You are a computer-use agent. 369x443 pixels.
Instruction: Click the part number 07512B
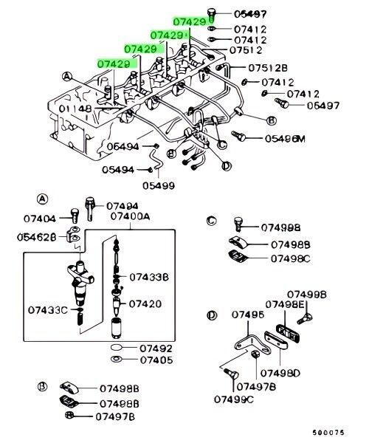coord(268,68)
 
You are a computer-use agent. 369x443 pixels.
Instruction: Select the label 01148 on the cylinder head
coord(75,109)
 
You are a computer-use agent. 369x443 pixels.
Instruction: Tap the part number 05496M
coord(285,139)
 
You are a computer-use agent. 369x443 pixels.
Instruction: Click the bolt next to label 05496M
coord(238,136)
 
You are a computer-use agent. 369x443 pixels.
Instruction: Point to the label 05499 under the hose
coord(159,185)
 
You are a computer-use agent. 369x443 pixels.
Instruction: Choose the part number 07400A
coord(130,216)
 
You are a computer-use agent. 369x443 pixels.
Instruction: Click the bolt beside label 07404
coord(75,216)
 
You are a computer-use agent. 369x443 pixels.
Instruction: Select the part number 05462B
coord(37,237)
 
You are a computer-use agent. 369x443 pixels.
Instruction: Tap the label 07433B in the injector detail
coord(149,277)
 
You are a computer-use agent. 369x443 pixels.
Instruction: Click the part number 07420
coord(145,304)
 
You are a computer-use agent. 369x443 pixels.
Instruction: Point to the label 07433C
coord(48,310)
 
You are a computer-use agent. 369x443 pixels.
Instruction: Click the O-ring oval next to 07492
coord(117,347)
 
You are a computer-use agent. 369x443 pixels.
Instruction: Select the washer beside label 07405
coord(116,360)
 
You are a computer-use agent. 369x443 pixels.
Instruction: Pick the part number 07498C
coord(291,258)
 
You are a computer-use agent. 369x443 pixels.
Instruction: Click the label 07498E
coord(285,304)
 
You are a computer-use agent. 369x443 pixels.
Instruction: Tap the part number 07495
coord(248,315)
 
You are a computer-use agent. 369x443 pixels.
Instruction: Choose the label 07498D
coord(280,373)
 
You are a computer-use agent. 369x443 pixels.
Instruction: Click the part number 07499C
coord(234,399)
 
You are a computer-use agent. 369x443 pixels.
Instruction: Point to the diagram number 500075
coord(328,433)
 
